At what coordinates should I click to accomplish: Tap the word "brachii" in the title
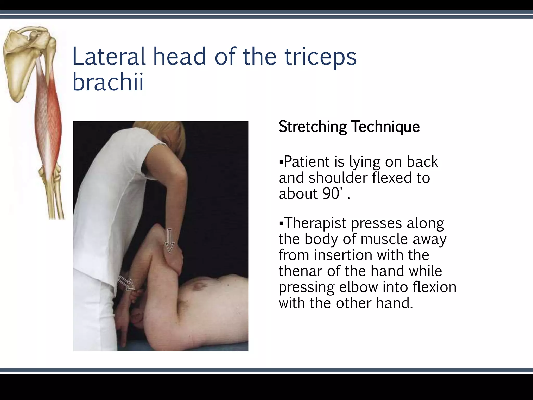108,82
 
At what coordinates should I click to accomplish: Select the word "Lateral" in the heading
109,57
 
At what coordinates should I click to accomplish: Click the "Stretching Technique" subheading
349,127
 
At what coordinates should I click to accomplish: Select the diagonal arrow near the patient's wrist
127,283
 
